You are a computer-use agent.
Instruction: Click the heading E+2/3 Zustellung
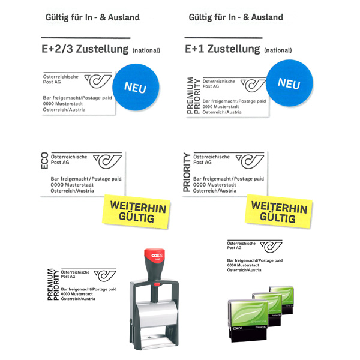coord(85,49)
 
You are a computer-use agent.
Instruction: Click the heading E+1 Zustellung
coord(223,49)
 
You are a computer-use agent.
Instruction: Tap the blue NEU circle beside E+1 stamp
coord(290,83)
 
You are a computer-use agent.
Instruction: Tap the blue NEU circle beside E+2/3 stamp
coord(136,87)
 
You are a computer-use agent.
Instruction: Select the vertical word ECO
coord(44,161)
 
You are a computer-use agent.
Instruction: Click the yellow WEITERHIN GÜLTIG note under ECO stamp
coord(136,211)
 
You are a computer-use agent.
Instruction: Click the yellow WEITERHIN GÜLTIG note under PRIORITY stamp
coord(278,211)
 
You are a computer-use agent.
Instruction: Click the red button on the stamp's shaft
coord(157,284)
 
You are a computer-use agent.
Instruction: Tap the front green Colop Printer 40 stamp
coord(248,320)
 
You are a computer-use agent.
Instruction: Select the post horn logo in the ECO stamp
coord(107,161)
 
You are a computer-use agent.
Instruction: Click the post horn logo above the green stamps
coord(271,247)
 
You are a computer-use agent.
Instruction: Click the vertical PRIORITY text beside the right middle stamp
coord(187,172)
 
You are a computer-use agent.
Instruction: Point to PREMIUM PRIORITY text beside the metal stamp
coord(53,284)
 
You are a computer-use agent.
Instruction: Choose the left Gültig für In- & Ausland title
coord(92,17)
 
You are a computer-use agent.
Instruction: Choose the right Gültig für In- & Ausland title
coord(236,17)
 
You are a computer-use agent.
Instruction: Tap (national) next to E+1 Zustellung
coord(278,50)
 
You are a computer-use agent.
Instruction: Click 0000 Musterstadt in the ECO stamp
coord(72,185)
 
